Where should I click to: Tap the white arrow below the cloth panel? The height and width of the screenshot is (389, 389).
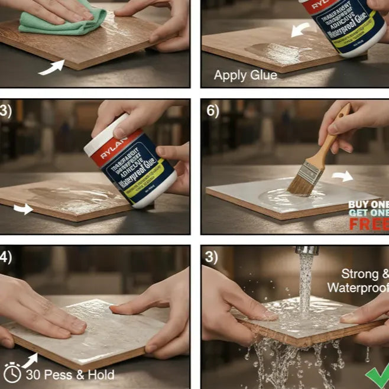[x=51, y=69]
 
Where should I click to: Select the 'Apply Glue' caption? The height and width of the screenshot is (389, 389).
[x=245, y=75]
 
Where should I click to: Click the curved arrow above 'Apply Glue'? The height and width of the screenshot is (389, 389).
[x=302, y=29]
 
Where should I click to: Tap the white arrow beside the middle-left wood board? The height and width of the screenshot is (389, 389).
[x=24, y=209]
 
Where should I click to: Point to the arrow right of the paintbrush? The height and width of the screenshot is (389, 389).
[x=342, y=176]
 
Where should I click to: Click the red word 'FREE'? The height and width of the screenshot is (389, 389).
[x=369, y=224]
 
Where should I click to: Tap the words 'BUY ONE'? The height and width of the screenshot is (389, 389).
[x=368, y=205]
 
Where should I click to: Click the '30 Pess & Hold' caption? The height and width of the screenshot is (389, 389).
[x=70, y=374]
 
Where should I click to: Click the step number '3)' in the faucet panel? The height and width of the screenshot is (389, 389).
[x=213, y=258]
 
